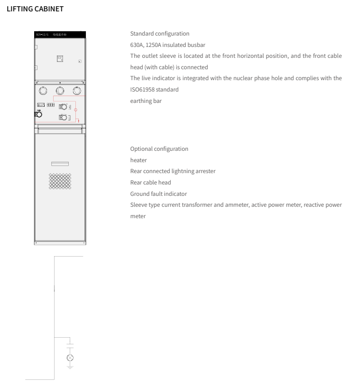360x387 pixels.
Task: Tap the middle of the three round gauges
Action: (x=60, y=90)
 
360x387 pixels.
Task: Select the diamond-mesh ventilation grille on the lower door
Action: (x=60, y=181)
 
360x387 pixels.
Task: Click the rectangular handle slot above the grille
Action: (x=60, y=164)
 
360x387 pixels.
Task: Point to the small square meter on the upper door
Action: (x=60, y=59)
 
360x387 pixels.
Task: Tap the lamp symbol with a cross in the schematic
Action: (x=70, y=357)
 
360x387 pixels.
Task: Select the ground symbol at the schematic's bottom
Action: (x=70, y=367)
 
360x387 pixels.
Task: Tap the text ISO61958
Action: (x=142, y=89)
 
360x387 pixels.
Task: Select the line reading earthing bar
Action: (x=146, y=100)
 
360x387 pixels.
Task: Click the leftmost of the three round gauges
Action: (x=43, y=90)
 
